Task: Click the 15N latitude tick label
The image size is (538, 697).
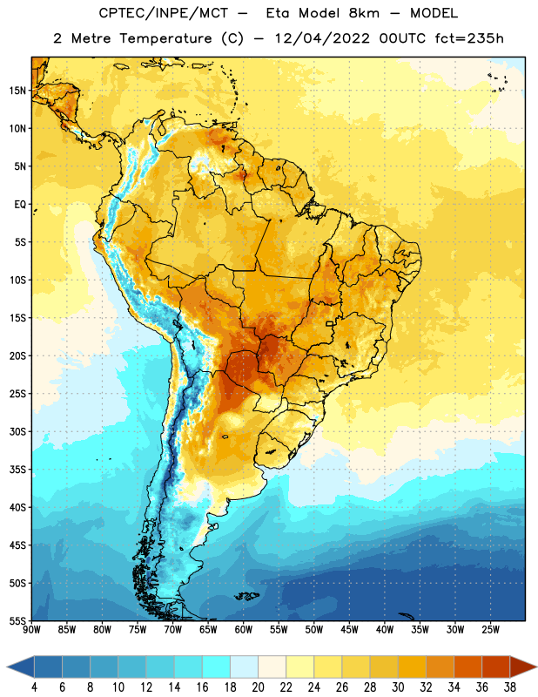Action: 17,91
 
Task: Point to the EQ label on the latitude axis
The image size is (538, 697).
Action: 20,205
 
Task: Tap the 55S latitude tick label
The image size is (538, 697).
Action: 17,620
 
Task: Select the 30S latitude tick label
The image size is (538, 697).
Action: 17,431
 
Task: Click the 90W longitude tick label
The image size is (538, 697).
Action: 31,630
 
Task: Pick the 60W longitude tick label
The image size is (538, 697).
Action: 244,630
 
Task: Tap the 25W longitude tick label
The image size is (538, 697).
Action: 490,630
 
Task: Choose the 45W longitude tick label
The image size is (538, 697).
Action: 349,630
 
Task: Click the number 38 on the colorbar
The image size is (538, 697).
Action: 509,687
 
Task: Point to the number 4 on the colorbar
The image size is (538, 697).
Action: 34,687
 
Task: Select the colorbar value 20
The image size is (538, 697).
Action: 258,687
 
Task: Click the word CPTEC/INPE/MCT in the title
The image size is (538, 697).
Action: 164,13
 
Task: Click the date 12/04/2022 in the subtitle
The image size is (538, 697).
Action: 322,38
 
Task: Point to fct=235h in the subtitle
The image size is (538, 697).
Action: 469,38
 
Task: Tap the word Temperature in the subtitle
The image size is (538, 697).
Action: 165,38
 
